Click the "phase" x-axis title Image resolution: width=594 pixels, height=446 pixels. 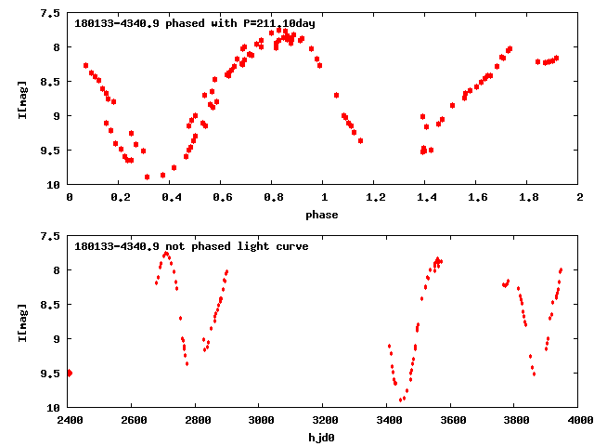324,214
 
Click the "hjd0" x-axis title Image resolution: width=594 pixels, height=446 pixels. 324,437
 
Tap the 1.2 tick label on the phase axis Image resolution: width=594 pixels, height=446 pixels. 375,198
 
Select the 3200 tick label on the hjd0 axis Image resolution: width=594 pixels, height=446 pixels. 324,421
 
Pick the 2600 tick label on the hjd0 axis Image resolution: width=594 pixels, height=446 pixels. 133,421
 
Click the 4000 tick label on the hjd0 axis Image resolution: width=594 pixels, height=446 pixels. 579,421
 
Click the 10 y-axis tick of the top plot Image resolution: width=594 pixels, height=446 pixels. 55,185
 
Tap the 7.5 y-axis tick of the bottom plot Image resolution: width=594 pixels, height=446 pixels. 52,237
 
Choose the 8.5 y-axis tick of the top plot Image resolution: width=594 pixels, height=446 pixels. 52,82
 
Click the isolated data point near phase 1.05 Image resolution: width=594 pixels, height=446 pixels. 336,95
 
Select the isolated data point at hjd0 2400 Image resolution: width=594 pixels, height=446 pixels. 70,373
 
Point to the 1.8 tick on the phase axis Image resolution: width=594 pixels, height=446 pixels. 528,198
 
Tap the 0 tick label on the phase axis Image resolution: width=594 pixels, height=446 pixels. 69,198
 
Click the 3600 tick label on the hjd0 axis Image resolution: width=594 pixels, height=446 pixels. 452,421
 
